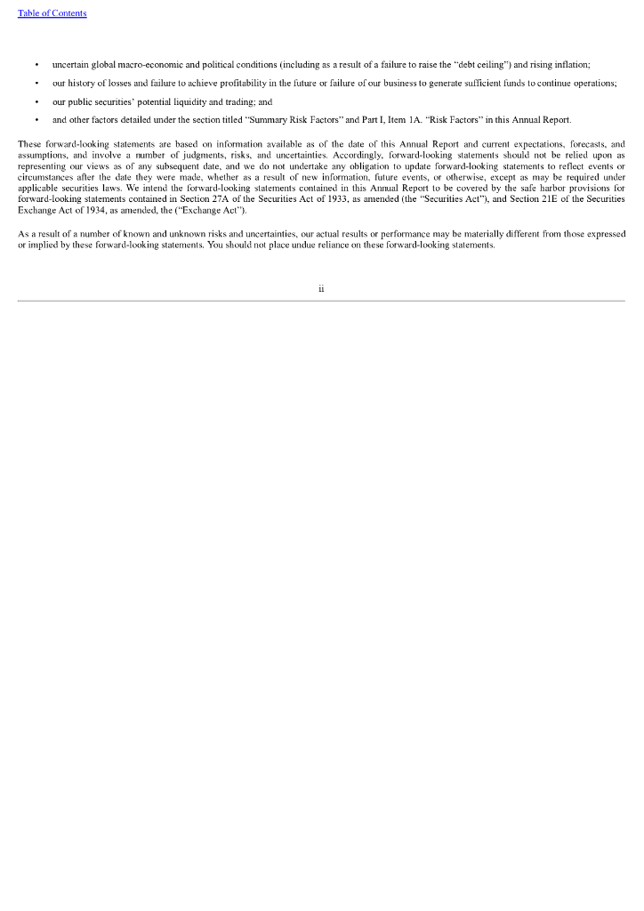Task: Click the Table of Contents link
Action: pyautogui.click(x=52, y=13)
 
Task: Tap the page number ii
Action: pyautogui.click(x=321, y=288)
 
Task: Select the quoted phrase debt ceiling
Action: pyautogui.click(x=482, y=65)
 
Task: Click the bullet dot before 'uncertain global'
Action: pyautogui.click(x=36, y=65)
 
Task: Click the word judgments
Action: pyautogui.click(x=184, y=153)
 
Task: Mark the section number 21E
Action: pyautogui.click(x=538, y=200)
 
